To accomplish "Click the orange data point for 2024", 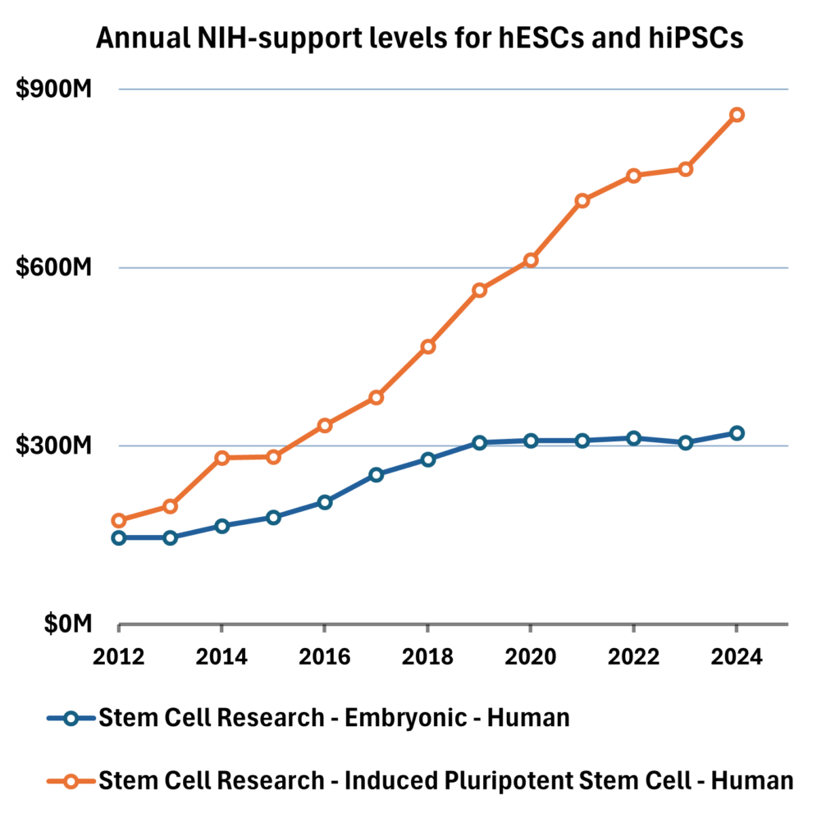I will (x=737, y=115).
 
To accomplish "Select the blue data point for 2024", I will (x=737, y=433).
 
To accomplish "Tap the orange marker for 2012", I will (x=119, y=520).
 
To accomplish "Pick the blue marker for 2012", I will (x=119, y=538).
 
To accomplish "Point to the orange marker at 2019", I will (x=480, y=290).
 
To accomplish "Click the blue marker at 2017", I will (x=377, y=475).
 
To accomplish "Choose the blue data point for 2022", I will (x=634, y=438).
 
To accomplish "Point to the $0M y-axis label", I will (x=66, y=625).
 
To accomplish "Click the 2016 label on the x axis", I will (x=325, y=656).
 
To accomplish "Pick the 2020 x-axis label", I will (x=531, y=656).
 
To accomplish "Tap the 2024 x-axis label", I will (x=737, y=656).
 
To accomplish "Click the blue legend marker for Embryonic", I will (x=71, y=718).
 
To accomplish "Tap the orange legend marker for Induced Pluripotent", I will (x=71, y=780).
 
